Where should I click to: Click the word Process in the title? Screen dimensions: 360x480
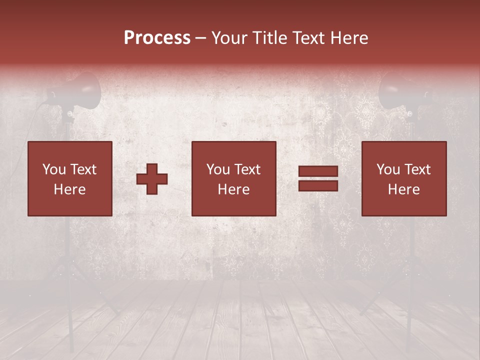point(157,38)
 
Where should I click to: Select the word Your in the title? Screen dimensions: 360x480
point(229,38)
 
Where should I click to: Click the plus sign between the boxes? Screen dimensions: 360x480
point(152,178)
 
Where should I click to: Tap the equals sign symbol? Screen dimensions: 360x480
point(318,178)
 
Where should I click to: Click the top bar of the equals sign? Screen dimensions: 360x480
point(318,171)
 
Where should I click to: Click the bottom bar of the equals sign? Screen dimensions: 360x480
point(318,185)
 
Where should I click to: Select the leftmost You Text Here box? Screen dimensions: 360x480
point(70,178)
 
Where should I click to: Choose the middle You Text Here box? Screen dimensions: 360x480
point(234,178)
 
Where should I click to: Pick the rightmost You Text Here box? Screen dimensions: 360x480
point(404,178)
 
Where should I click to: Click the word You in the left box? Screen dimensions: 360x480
point(53,169)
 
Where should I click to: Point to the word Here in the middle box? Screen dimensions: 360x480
point(234,189)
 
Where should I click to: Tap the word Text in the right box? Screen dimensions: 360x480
point(418,169)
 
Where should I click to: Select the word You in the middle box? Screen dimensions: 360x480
point(217,169)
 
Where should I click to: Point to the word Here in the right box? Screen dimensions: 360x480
point(404,189)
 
